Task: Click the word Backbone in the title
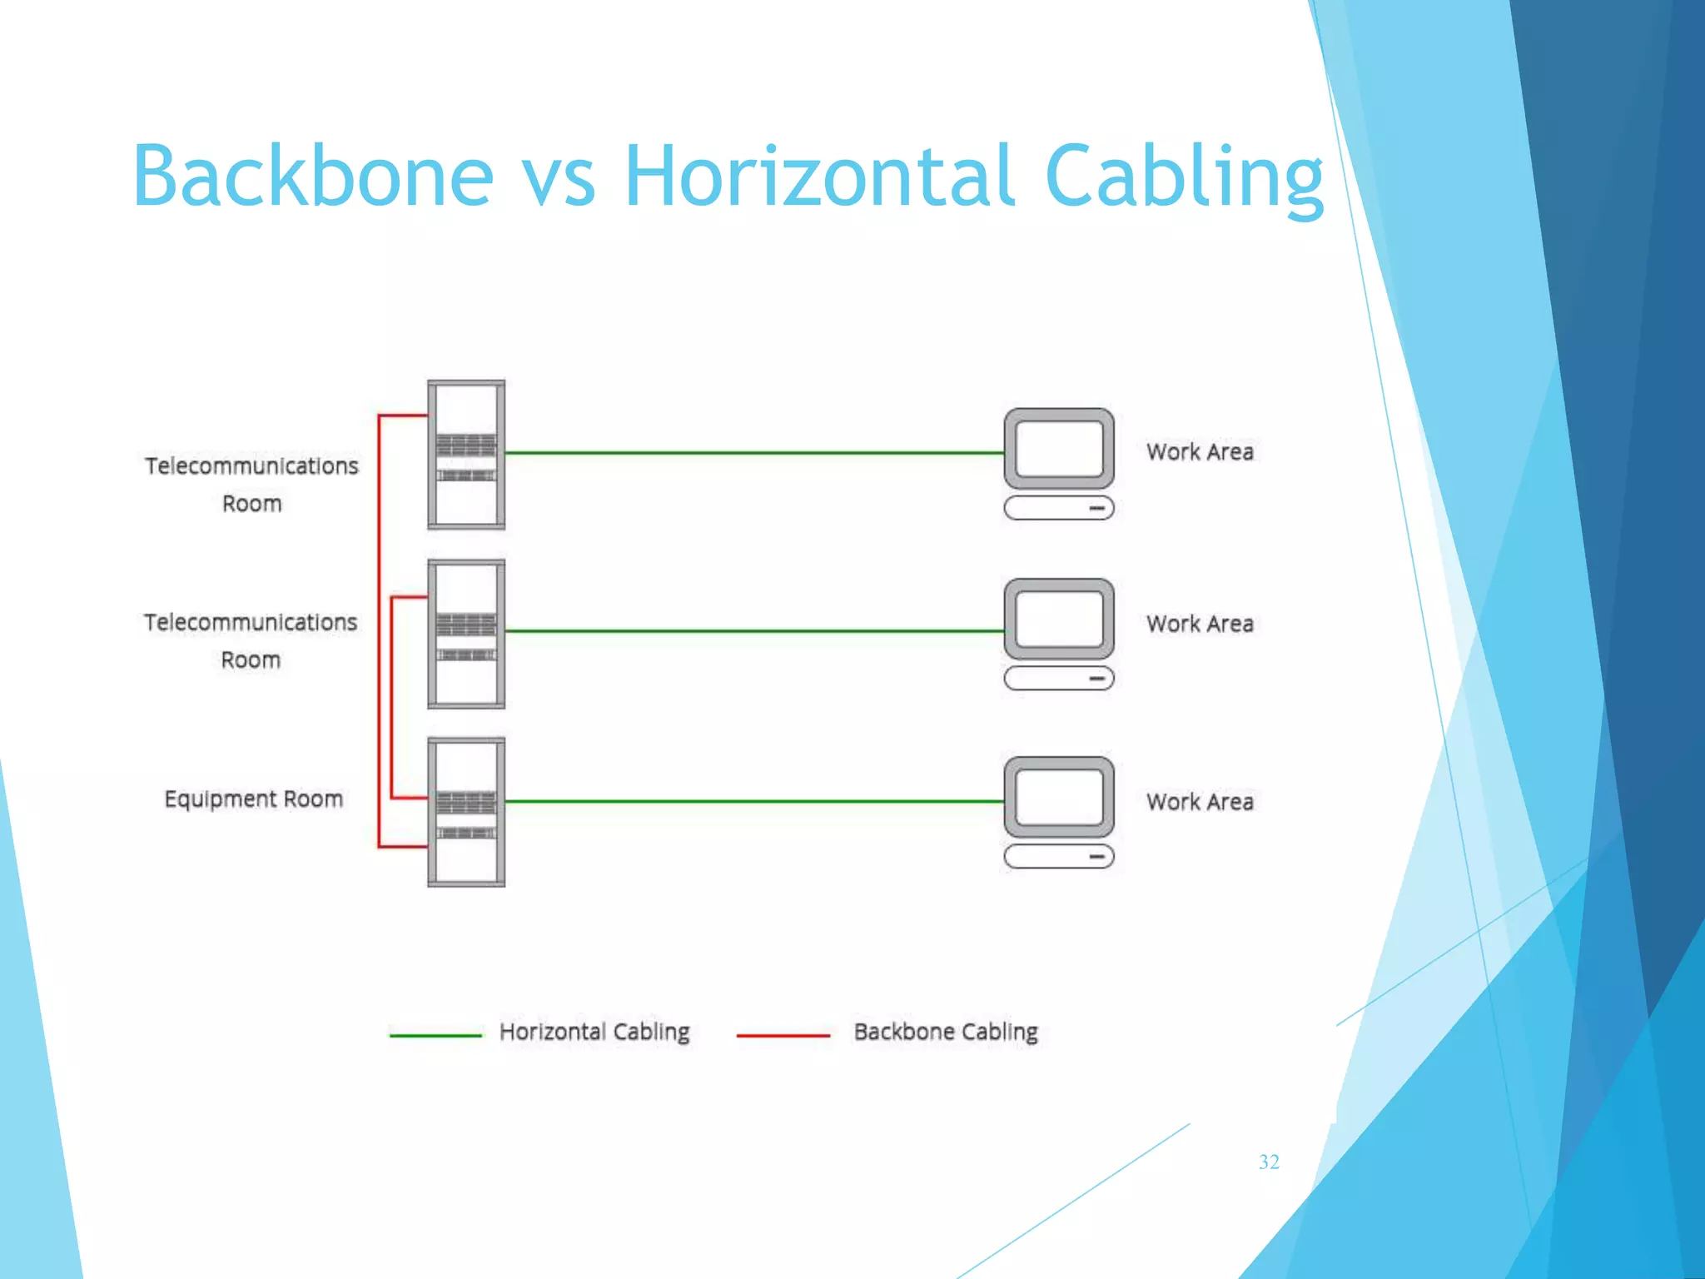coord(313,176)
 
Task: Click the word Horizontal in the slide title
coord(819,176)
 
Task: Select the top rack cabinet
coord(466,455)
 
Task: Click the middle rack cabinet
coord(466,634)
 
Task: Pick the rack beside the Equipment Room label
coord(466,812)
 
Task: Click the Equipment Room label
coord(253,799)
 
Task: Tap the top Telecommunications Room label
coord(251,484)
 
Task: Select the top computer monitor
coord(1058,449)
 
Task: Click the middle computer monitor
coord(1058,620)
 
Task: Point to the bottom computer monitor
coord(1058,797)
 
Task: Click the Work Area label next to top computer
coord(1199,452)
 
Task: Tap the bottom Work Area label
coord(1199,802)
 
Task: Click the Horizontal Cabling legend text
coord(594,1032)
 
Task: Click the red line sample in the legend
coord(783,1036)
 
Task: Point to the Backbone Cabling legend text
coord(946,1032)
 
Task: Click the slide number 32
coord(1269,1162)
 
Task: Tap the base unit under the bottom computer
coord(1058,856)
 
